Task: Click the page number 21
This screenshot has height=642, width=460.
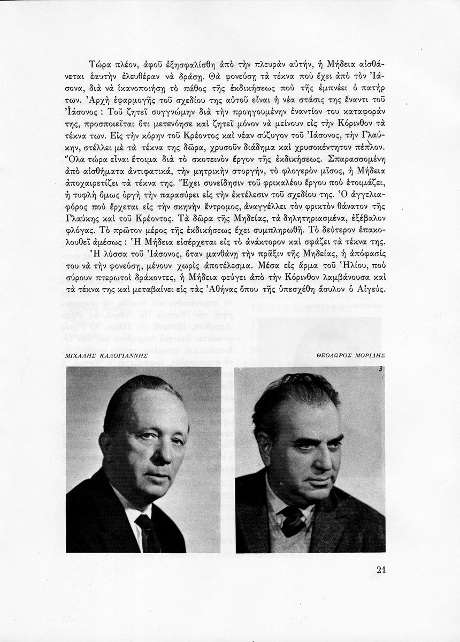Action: pyautogui.click(x=377, y=569)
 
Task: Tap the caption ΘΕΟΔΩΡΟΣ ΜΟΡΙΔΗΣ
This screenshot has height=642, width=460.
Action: pyautogui.click(x=351, y=355)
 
